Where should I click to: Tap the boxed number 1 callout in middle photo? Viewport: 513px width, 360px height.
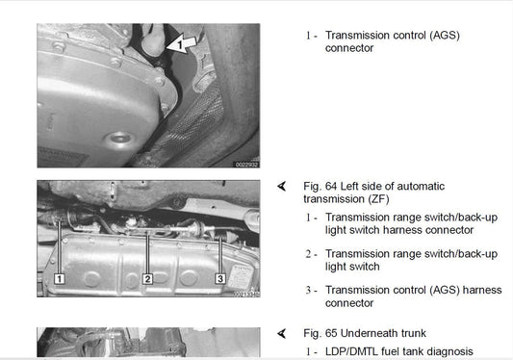(x=60, y=279)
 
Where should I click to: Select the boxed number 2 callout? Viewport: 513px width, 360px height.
(x=147, y=279)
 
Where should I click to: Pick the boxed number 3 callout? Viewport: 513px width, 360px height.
(x=220, y=278)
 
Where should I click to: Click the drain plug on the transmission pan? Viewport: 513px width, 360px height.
(x=118, y=138)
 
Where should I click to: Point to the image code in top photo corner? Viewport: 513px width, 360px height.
(x=247, y=165)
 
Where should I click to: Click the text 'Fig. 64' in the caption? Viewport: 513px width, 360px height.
(x=320, y=186)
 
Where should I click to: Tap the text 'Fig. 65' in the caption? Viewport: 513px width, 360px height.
(x=320, y=333)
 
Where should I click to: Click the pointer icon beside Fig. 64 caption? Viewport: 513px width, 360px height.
(x=282, y=186)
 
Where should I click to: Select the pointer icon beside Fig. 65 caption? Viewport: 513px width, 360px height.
(x=282, y=333)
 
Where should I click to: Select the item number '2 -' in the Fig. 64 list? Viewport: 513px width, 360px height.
(x=312, y=254)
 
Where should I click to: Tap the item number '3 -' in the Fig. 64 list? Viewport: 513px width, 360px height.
(x=312, y=291)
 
